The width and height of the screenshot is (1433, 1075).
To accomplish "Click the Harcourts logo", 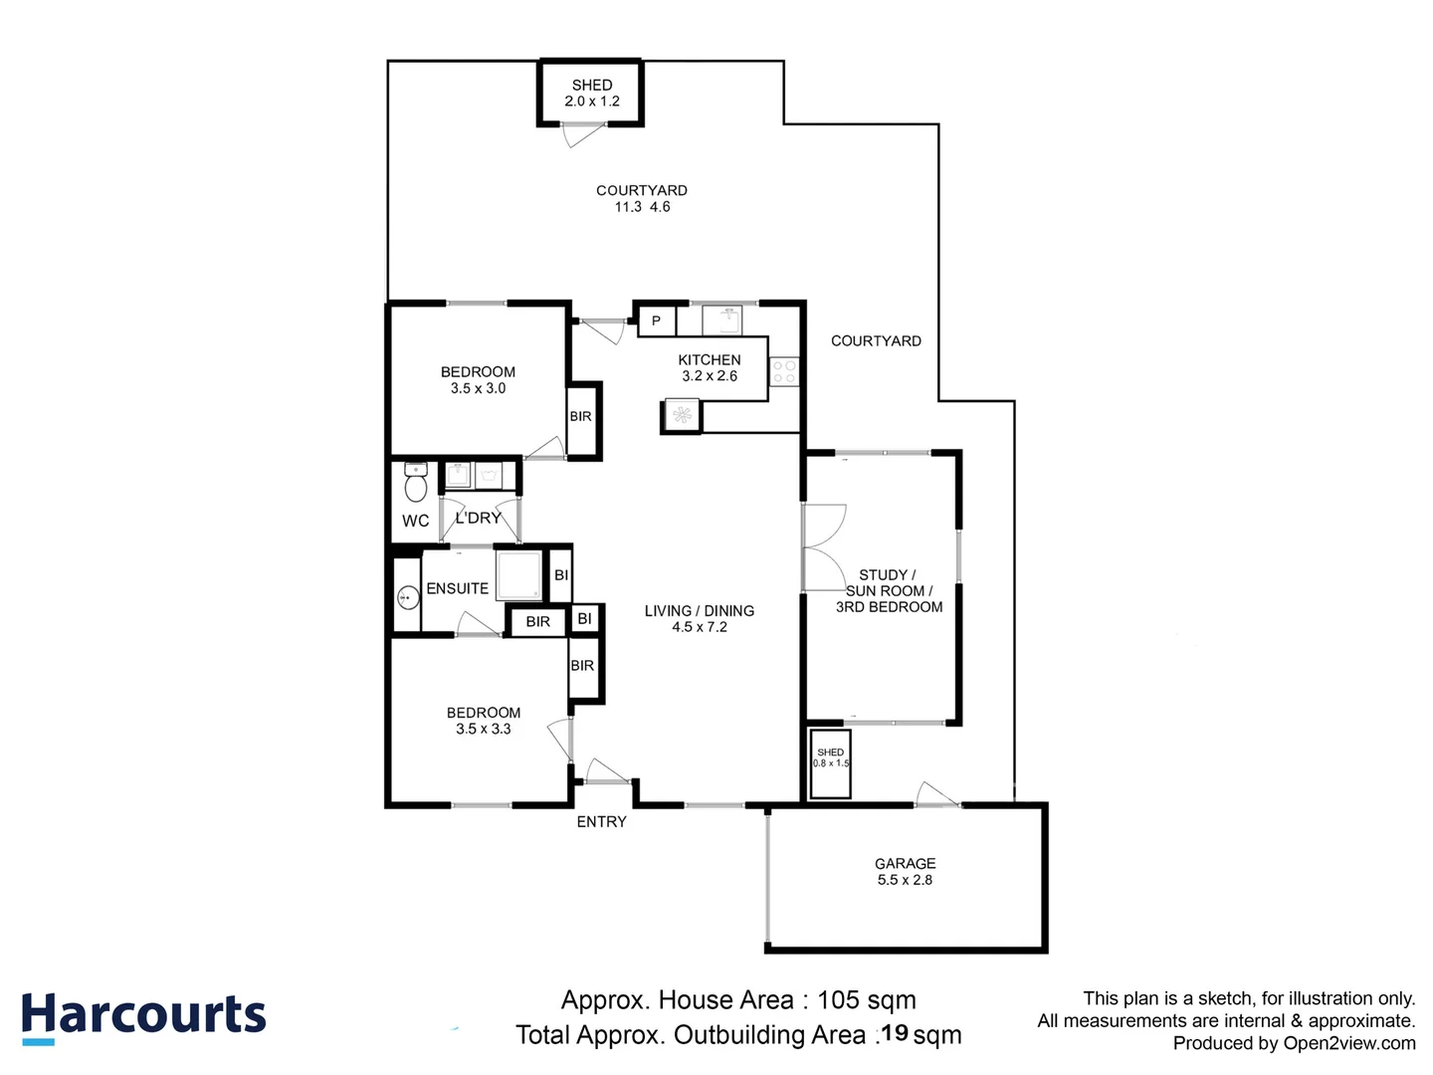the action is (x=143, y=1017).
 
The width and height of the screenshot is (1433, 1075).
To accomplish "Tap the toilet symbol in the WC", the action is (x=415, y=482).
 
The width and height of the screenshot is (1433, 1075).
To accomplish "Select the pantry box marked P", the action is (x=656, y=322).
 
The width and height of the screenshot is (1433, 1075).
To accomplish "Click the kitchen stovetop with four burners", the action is (x=784, y=371).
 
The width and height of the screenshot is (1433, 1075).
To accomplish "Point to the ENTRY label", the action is (x=601, y=822).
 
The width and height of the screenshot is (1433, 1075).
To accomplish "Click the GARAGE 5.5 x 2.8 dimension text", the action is (x=905, y=880).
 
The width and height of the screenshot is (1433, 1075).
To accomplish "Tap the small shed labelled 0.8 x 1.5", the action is (x=830, y=763).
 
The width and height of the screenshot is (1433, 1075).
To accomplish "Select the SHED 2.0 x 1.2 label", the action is (x=591, y=93).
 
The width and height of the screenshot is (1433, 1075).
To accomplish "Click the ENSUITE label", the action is (x=457, y=588).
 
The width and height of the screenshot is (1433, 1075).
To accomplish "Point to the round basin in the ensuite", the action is (x=408, y=597).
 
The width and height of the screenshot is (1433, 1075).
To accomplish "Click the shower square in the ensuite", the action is (x=519, y=575).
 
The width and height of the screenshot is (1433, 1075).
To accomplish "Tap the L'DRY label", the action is (x=478, y=519).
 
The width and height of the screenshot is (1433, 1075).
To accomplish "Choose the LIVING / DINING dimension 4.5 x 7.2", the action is (x=700, y=627).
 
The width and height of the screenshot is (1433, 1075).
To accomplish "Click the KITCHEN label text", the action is (x=709, y=359).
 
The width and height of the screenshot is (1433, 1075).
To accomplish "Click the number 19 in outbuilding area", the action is (x=895, y=1033).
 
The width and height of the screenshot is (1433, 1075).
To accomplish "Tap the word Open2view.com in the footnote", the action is (x=1349, y=1044).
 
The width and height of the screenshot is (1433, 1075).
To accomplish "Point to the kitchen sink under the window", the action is (x=722, y=322).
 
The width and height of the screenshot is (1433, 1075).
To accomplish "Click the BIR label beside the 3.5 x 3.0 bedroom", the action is (x=580, y=416).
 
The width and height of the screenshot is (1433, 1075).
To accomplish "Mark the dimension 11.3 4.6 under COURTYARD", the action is (x=642, y=207).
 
